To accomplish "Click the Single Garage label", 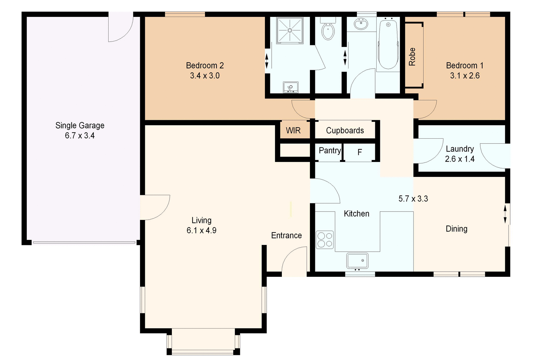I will (80, 125).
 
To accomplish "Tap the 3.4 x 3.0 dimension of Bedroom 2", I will (205, 76).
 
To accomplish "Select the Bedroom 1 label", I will (465, 66).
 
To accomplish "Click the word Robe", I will (412, 57).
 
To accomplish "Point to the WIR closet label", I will (293, 130).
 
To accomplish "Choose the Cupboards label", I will (345, 130).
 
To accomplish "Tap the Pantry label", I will (330, 150).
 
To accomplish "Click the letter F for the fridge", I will (359, 152).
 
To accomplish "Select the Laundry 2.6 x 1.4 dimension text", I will (460, 159).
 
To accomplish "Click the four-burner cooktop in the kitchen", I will (325, 240).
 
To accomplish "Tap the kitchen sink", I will (357, 261).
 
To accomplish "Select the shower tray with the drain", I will (290, 30).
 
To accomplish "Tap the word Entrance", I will (286, 235).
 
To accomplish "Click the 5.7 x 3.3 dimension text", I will (413, 199).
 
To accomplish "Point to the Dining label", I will (456, 229).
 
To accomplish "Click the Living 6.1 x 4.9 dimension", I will (201, 231).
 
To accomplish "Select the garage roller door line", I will (84, 242).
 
